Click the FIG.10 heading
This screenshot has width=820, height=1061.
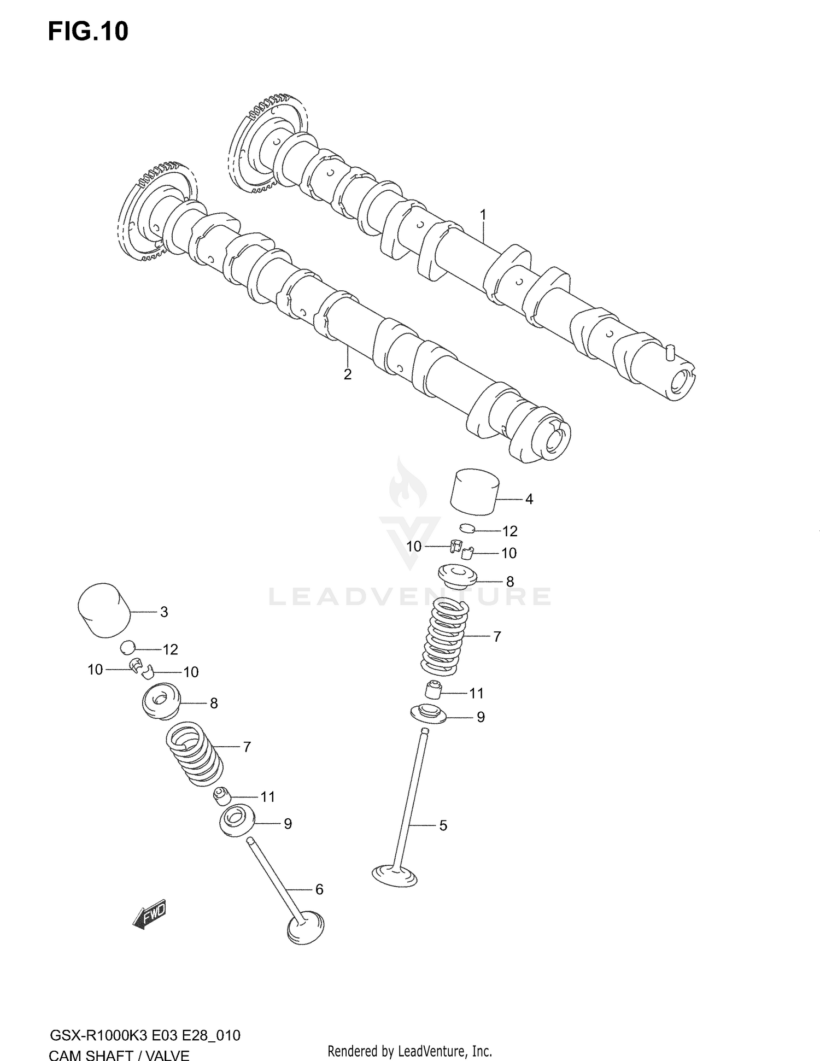pyautogui.click(x=88, y=32)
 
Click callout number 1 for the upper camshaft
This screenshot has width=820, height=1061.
pyautogui.click(x=483, y=215)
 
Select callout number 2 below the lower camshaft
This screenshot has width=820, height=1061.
pyautogui.click(x=347, y=374)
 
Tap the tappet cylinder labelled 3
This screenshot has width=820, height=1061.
pyautogui.click(x=104, y=611)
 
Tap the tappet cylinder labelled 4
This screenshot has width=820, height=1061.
pyautogui.click(x=475, y=491)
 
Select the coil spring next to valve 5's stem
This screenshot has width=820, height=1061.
pyautogui.click(x=445, y=636)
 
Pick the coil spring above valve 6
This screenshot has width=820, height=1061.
pyautogui.click(x=194, y=752)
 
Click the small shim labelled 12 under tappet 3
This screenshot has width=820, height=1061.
pyautogui.click(x=127, y=647)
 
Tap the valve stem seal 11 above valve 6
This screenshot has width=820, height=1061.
pyautogui.click(x=221, y=796)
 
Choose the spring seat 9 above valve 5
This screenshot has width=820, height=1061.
pyautogui.click(x=428, y=714)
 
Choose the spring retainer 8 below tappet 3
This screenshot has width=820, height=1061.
pyautogui.click(x=160, y=701)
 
